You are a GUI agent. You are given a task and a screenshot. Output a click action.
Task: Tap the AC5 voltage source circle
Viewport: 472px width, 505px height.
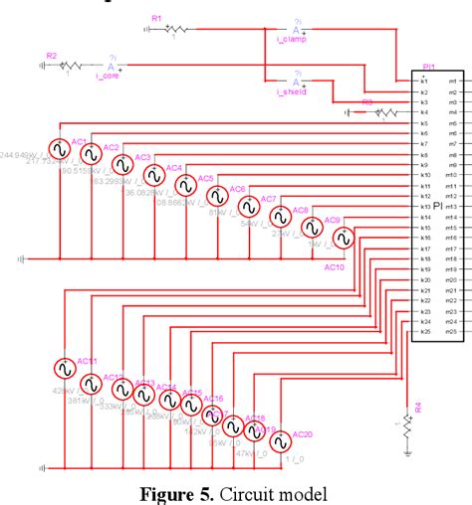point(185,185)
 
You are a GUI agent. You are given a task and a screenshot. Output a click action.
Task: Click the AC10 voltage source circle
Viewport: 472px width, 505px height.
point(344,238)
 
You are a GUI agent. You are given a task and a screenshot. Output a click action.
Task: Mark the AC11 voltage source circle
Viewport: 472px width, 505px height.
point(64,369)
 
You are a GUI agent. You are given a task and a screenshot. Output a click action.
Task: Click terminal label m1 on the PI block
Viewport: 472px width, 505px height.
point(452,82)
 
